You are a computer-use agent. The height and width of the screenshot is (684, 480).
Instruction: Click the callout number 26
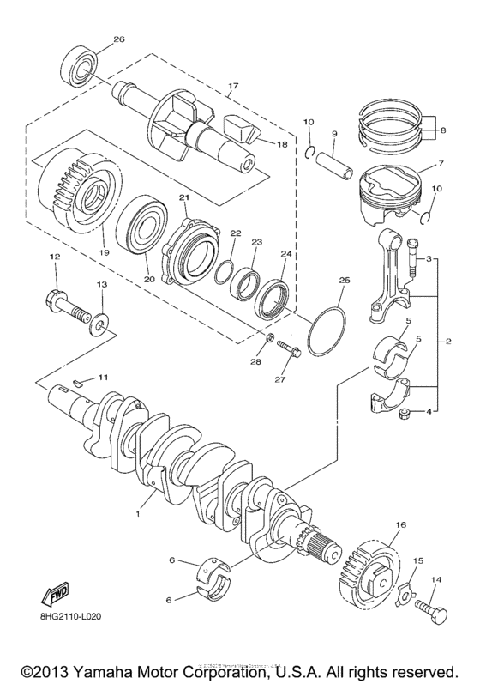coord(119,39)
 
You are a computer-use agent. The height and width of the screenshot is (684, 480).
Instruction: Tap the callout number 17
coord(231,85)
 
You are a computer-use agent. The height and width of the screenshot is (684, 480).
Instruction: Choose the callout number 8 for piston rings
coord(443,130)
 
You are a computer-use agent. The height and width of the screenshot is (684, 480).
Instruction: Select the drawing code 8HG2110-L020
coord(53,616)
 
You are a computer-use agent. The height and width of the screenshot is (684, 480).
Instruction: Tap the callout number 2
coord(447,342)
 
